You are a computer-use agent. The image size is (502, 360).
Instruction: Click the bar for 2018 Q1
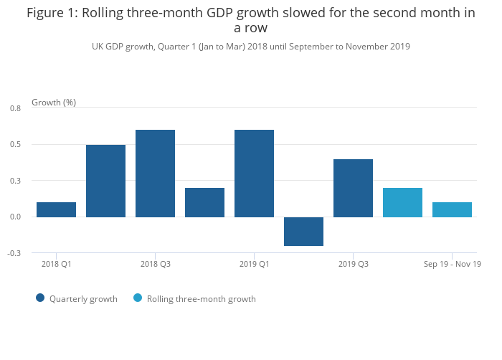56,209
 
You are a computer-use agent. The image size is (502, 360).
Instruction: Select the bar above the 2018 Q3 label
155,173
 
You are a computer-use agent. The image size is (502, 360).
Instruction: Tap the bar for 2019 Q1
254,173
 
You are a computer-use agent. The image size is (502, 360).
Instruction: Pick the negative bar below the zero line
303,231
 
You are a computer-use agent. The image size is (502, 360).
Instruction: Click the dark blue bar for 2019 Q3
353,188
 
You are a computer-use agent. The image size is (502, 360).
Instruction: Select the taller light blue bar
402,202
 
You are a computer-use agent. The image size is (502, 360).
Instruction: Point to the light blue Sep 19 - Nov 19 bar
452,209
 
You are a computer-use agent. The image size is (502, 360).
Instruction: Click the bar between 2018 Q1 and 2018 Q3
105,181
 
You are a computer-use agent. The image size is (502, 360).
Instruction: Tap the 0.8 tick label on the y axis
15,108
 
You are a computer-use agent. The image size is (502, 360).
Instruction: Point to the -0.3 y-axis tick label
14,253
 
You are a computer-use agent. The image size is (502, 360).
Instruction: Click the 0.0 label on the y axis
15,217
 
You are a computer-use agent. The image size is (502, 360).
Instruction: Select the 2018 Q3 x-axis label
155,264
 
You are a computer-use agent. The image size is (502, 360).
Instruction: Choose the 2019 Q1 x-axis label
254,264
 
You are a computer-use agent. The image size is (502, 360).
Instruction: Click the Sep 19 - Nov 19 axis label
452,264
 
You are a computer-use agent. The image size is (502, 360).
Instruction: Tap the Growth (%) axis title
54,103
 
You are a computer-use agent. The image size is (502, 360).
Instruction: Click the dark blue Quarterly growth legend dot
40,298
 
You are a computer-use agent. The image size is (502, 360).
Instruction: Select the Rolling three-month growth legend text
201,299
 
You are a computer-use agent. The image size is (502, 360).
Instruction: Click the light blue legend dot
138,298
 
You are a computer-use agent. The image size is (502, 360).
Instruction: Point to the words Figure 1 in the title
53,13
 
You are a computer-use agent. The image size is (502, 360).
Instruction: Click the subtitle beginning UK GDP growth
250,47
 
